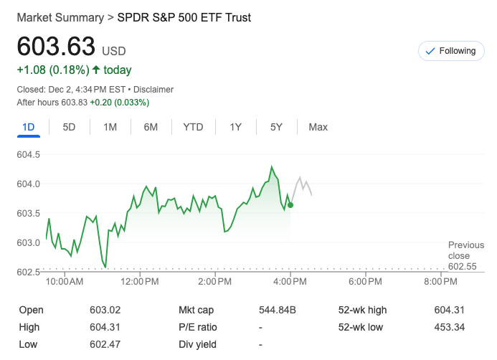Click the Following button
tap(450, 51)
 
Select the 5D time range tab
tap(70, 127)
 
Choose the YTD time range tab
tap(193, 127)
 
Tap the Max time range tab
tap(318, 127)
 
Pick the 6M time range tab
tap(151, 127)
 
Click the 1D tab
tap(29, 127)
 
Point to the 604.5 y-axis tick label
tap(28, 154)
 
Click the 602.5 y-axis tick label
tap(28, 272)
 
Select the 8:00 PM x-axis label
tap(440, 282)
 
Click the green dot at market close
tap(290, 205)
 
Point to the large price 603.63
tap(56, 46)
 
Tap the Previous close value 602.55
tap(463, 266)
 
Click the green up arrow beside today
tap(96, 70)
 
